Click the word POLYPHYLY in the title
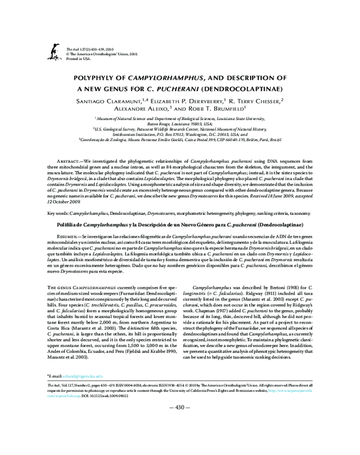(x=96, y=78)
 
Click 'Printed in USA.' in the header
(x=79, y=59)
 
